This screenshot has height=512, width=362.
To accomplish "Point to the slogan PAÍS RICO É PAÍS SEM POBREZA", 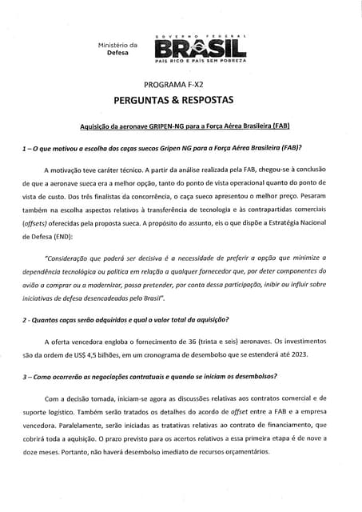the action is pos(200,62).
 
